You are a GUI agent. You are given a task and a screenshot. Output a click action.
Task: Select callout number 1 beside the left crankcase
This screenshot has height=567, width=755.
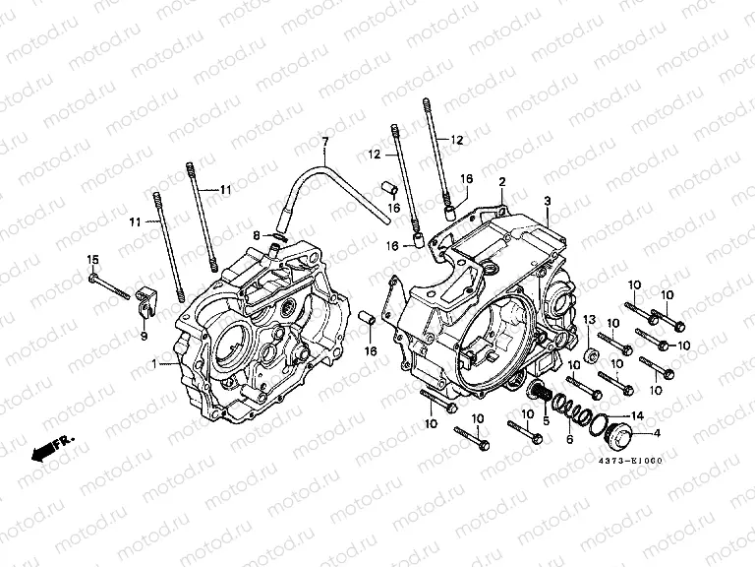[x=153, y=365]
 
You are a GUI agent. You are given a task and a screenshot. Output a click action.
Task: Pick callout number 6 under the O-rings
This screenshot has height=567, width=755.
[x=568, y=440]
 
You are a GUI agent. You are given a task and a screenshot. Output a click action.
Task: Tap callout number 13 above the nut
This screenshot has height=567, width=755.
[x=591, y=321]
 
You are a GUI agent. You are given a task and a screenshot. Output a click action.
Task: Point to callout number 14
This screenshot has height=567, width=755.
[x=637, y=414]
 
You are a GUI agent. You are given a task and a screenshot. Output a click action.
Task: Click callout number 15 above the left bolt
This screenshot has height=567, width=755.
[x=93, y=260]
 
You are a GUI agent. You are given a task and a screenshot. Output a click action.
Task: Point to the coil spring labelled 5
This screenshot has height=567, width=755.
[x=540, y=394]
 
